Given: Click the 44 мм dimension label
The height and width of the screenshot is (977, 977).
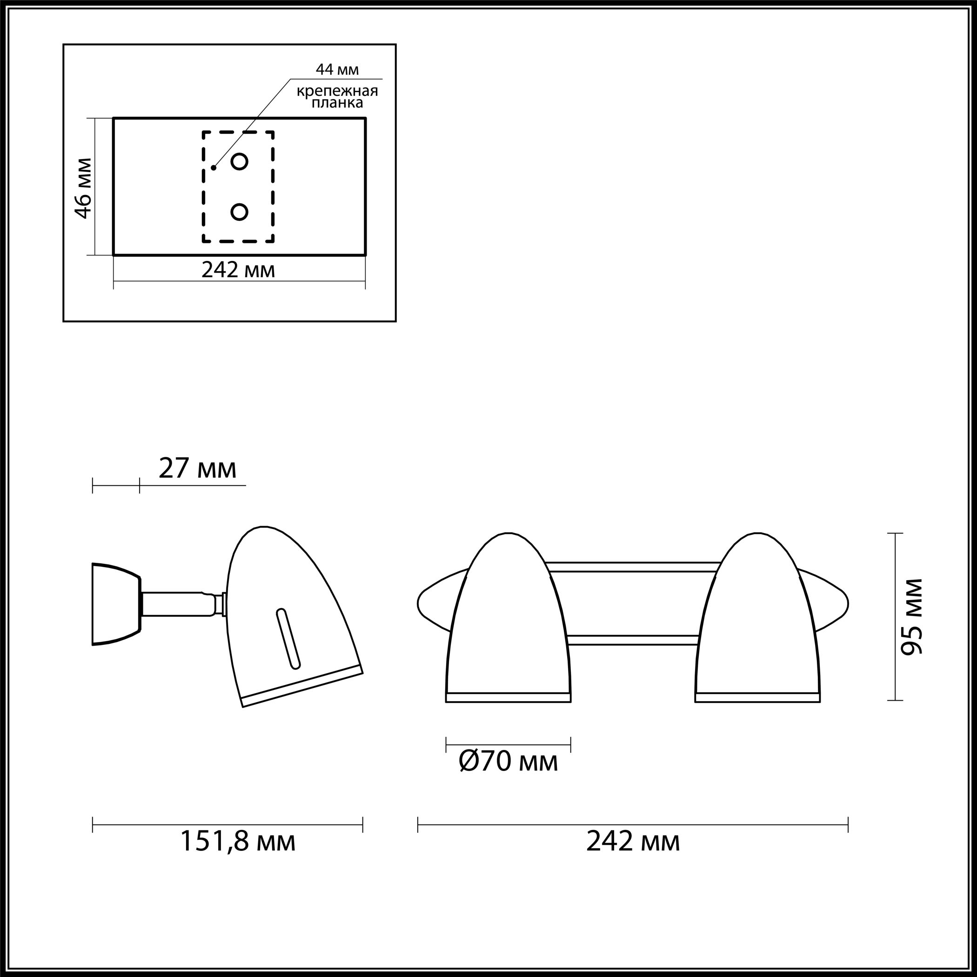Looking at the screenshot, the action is point(337,69).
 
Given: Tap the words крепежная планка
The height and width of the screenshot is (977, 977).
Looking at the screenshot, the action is point(337,97).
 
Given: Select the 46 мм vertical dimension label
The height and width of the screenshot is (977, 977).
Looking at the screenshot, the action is point(83,188).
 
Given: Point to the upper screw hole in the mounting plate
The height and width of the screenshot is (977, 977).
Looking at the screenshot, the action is point(239,162).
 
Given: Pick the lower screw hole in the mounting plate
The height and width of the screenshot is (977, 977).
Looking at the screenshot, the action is point(239,212).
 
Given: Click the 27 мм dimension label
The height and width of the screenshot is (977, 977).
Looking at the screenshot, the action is point(197,468).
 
